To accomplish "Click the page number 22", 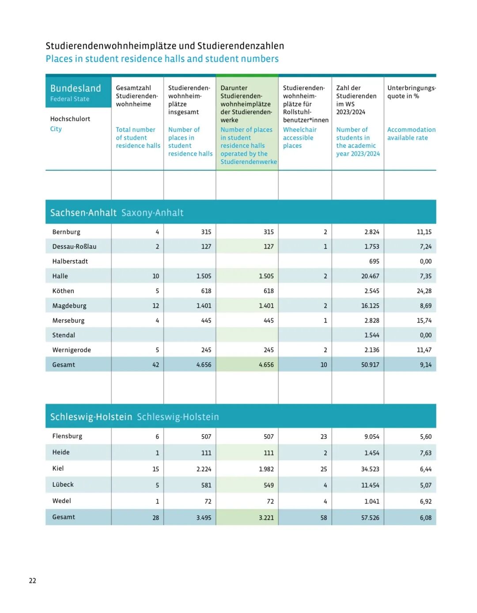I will point(32,581).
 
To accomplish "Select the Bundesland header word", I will point(76,88).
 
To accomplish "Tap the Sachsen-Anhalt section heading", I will point(83,212).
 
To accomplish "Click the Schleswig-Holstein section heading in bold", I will point(91,417).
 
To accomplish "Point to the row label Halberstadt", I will point(70,261).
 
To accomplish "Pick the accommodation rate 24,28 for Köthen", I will point(424,291).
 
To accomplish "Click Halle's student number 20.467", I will point(370,276).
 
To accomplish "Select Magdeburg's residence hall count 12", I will point(155,306).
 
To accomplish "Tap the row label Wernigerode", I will point(71,350).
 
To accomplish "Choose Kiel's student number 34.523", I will point(370,469).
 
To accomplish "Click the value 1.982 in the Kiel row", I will point(266,469).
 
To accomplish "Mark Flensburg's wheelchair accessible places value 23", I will point(324,437).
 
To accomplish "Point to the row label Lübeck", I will point(63,484).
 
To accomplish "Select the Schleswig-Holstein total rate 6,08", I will point(426,518).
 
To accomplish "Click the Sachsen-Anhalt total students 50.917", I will point(370,365).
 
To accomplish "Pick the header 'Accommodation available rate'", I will point(411,134).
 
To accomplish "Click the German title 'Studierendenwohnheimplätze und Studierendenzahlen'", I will point(165,46).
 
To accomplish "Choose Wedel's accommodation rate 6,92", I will point(426,501).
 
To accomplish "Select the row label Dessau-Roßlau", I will point(74,246).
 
